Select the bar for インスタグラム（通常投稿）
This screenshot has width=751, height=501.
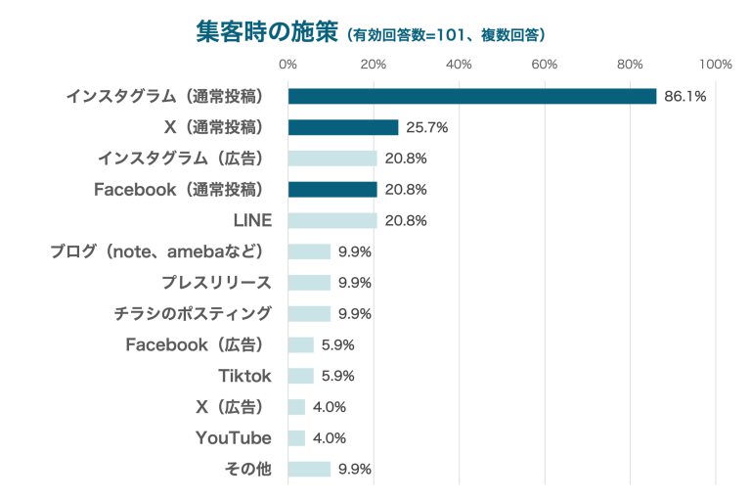pos(472,96)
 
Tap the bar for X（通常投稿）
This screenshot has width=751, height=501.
pos(343,127)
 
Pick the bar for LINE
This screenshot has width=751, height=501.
pos(332,220)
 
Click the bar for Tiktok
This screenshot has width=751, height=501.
pos(301,376)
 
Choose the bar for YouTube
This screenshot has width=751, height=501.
pos(297,437)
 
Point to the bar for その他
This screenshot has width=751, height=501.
pos(309,469)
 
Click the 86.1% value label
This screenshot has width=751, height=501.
pos(685,96)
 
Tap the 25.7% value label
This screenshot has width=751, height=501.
pos(426,127)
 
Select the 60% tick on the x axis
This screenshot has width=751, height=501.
pos(545,65)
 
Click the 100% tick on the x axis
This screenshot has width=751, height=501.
pos(716,65)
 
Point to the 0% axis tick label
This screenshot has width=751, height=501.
pos(288,65)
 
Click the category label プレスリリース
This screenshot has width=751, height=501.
pos(216,283)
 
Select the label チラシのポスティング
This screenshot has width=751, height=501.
pos(193,314)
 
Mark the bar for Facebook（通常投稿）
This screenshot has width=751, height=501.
pos(332,189)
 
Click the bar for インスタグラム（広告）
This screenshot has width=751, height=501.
pos(332,159)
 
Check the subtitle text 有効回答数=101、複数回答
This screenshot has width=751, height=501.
pos(445,35)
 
